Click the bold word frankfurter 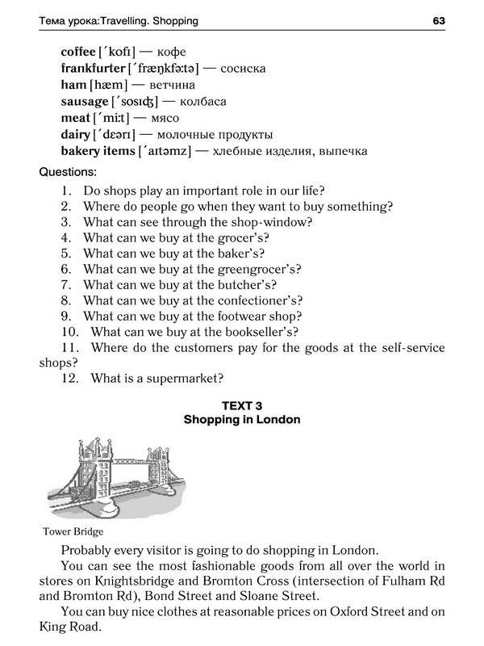click(x=93, y=69)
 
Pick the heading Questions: click(x=68, y=172)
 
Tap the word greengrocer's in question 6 click(x=260, y=269)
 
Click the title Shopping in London click(x=242, y=420)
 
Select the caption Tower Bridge click(x=72, y=532)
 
